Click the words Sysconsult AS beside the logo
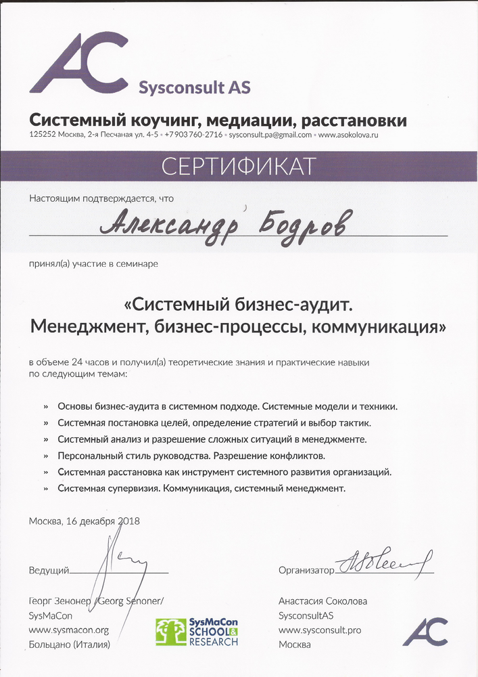click(x=194, y=87)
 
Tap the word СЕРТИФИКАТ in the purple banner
click(x=239, y=167)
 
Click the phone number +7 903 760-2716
click(x=194, y=135)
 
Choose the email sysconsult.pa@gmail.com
click(x=270, y=135)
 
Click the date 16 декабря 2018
click(x=101, y=521)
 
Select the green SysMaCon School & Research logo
click(x=197, y=631)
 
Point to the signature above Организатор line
click(x=382, y=561)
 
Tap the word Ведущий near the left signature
click(x=49, y=570)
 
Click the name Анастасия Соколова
click(x=323, y=600)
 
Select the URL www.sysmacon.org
click(x=69, y=630)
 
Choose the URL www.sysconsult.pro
click(x=320, y=630)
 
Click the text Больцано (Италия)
click(x=69, y=645)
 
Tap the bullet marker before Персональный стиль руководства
click(x=46, y=456)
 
